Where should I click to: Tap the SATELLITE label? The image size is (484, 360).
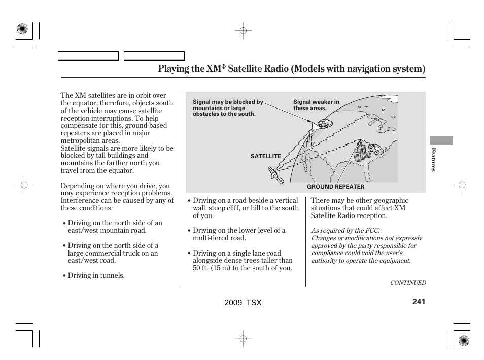265,156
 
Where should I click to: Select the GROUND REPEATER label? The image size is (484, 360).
335,187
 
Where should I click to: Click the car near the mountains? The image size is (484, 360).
324,123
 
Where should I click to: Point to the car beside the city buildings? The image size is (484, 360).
375,148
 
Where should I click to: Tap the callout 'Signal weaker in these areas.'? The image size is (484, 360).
316,105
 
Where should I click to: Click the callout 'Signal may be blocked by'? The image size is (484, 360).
228,102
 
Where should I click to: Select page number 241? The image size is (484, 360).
419,302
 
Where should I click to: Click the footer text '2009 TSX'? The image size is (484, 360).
243,302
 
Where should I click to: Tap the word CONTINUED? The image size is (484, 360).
407,283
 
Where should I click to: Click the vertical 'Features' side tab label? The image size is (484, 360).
433,159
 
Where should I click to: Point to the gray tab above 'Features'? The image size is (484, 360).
441,140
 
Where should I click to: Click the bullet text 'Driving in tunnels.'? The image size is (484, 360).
96,275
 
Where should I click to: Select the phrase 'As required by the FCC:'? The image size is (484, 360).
345,231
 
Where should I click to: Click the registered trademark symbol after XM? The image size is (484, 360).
223,66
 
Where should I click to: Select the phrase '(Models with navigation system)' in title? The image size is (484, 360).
358,69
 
